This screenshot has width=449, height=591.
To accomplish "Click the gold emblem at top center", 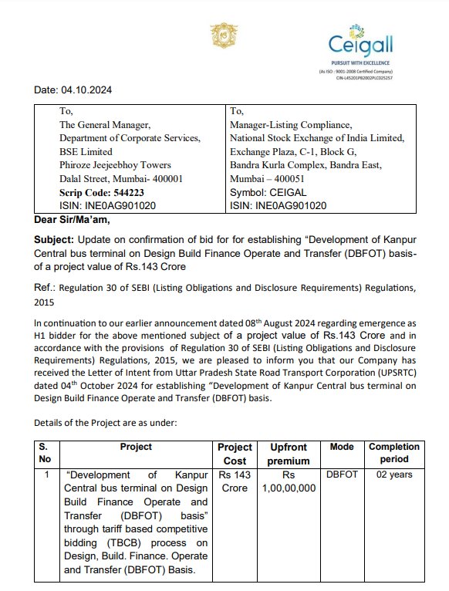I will pyautogui.click(x=221, y=35).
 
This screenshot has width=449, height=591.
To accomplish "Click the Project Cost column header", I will pyautogui.click(x=235, y=454).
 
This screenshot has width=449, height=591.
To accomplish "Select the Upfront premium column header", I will pyautogui.click(x=289, y=454).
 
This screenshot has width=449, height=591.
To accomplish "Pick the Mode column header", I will pyautogui.click(x=342, y=447).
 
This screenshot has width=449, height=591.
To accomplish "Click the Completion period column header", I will pyautogui.click(x=393, y=454).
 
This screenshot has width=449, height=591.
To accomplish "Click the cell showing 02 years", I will pyautogui.click(x=393, y=474).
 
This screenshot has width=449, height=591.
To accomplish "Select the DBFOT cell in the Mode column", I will pyautogui.click(x=342, y=474).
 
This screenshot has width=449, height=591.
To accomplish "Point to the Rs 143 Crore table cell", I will pyautogui.click(x=235, y=481).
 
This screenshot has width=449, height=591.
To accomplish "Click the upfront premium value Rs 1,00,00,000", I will pyautogui.click(x=289, y=481).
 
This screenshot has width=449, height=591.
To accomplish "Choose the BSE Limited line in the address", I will pyautogui.click(x=86, y=152).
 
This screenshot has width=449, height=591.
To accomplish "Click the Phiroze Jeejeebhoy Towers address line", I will pyautogui.click(x=115, y=165).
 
